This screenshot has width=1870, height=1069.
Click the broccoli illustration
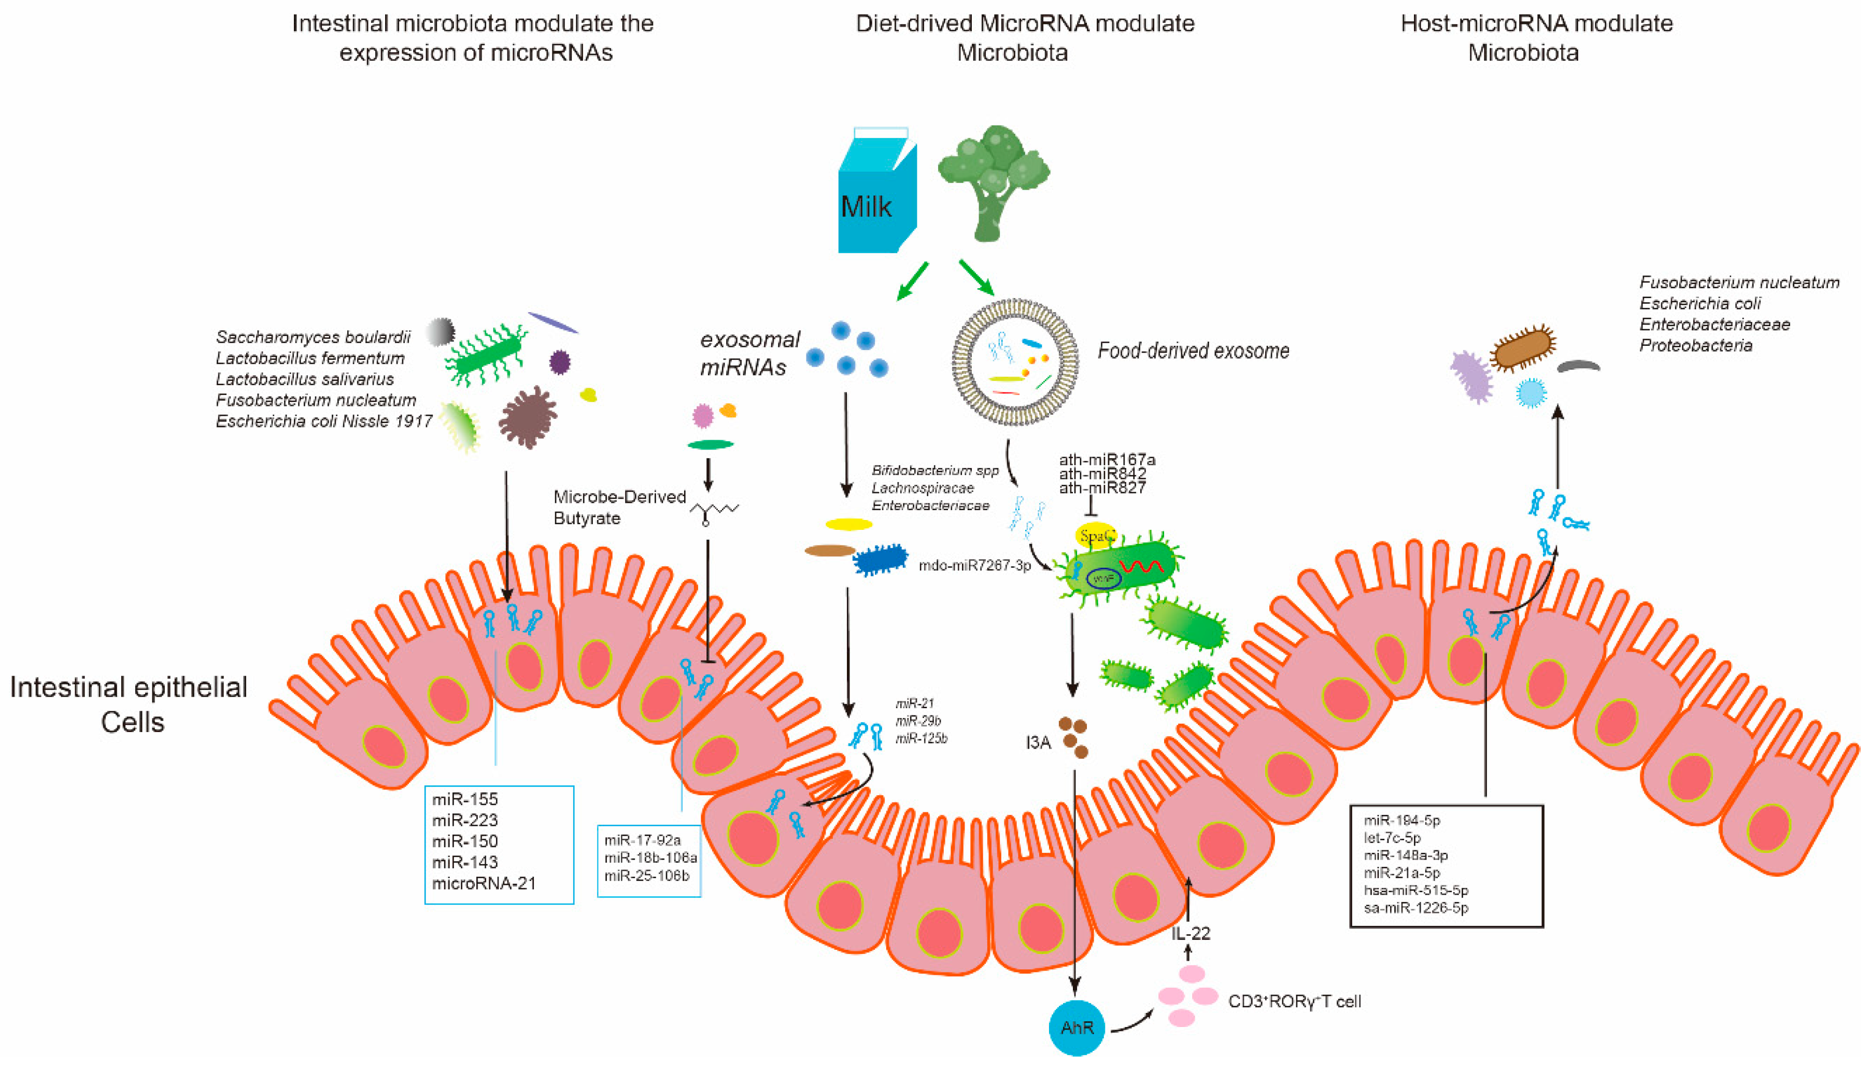click(x=992, y=180)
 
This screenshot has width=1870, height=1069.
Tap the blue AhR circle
click(x=1076, y=1027)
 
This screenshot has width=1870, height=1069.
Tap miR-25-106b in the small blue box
click(x=647, y=875)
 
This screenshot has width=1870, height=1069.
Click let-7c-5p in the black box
click(x=1392, y=838)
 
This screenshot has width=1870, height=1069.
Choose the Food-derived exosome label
click(x=1193, y=351)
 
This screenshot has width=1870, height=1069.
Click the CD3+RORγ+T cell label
click(x=1294, y=1002)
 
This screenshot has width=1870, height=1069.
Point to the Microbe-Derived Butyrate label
click(x=619, y=508)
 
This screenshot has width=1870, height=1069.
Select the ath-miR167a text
click(x=1107, y=460)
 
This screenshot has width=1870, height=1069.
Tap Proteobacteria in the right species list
click(x=1695, y=346)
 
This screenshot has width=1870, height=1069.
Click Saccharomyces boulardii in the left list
click(x=313, y=337)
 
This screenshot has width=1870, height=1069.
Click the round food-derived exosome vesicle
click(x=1015, y=362)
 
